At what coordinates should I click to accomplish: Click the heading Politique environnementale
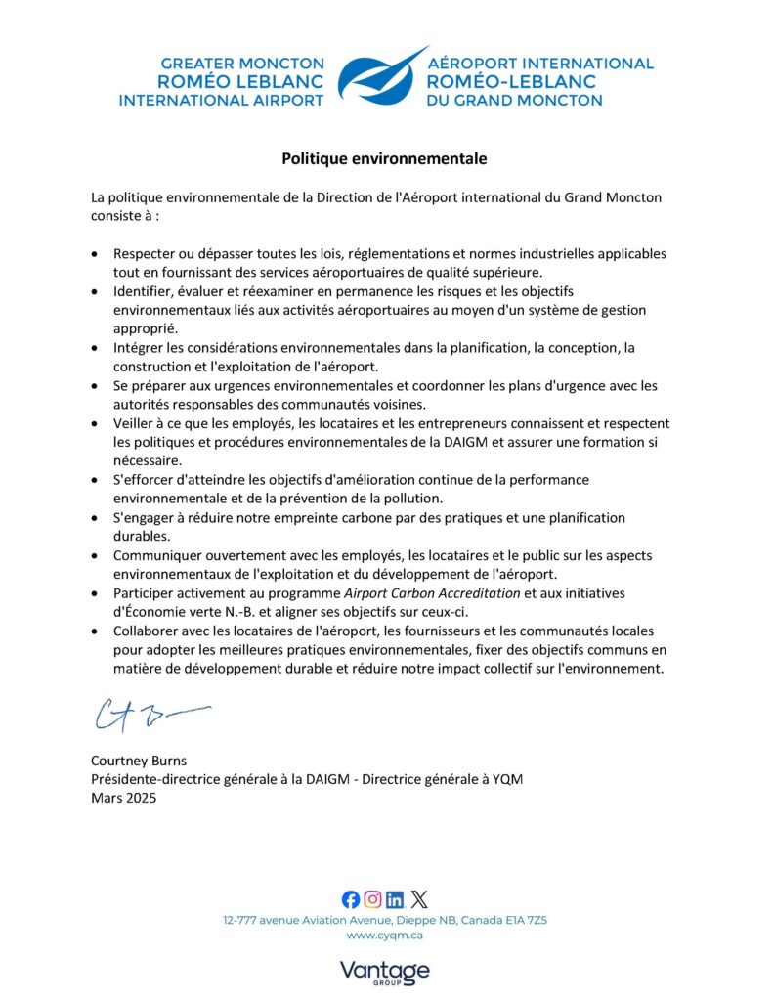pos(384,157)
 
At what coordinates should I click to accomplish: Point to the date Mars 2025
pos(123,796)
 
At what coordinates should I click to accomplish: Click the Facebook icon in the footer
pos(351,899)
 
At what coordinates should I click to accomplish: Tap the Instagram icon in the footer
pos(373,899)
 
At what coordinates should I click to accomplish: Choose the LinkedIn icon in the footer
pos(396,899)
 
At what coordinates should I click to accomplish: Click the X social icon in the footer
pos(419,899)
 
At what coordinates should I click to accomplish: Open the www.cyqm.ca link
pos(385,936)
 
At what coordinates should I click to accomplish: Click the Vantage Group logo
pos(385,972)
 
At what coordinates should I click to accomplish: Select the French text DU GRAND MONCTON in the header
pos(515,100)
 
